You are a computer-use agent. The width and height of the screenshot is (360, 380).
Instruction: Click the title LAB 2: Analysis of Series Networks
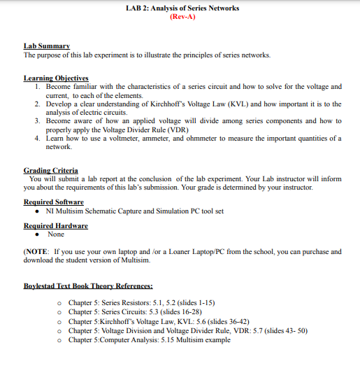tap(182, 8)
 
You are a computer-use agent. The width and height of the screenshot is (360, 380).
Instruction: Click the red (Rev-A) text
tap(182, 17)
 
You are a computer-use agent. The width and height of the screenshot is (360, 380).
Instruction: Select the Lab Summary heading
tap(44, 45)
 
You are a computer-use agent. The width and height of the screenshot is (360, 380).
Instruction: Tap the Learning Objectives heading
tap(56, 78)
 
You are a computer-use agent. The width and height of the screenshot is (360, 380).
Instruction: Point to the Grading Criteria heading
tap(50, 170)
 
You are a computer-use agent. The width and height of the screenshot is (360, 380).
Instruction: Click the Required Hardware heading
tap(56, 226)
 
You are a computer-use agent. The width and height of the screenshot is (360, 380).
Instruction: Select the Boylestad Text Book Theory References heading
tap(88, 286)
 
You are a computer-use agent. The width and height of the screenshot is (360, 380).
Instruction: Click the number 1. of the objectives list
tap(39, 87)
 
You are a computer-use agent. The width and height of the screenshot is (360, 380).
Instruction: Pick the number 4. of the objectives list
tap(39, 139)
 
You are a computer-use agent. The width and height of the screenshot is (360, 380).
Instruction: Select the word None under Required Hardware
tap(56, 234)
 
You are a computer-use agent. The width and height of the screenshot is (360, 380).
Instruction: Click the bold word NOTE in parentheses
tap(36, 251)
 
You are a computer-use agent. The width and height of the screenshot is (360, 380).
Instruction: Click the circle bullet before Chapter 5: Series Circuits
tap(61, 312)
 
